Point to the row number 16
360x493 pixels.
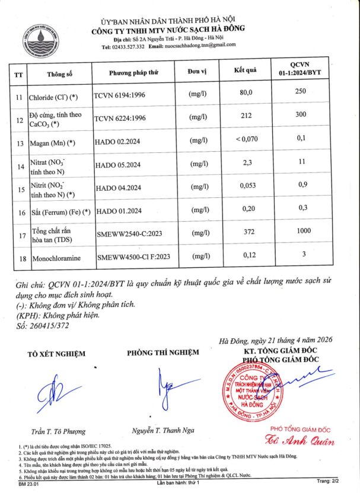(18, 212)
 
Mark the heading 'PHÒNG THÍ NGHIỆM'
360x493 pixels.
(163, 352)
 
